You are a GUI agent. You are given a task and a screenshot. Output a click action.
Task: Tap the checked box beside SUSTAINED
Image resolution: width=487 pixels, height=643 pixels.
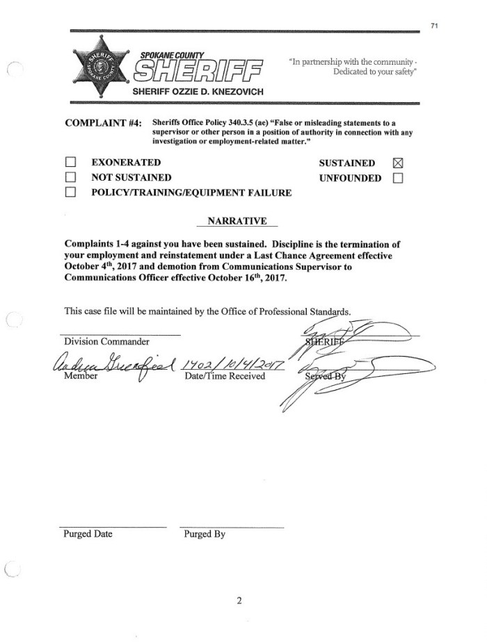click(x=398, y=163)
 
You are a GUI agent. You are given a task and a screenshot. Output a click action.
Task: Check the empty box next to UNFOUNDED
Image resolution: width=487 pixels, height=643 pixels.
click(x=398, y=178)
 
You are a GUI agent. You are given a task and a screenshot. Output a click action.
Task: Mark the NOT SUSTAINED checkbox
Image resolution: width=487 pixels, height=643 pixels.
click(x=70, y=178)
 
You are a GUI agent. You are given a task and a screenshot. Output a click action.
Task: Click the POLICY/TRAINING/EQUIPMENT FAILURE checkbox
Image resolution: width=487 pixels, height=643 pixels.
click(x=70, y=193)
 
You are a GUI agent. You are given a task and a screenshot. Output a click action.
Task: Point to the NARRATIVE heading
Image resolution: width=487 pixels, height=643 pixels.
click(x=237, y=221)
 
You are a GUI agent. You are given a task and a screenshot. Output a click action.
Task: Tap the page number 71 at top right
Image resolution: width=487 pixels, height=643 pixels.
click(x=434, y=26)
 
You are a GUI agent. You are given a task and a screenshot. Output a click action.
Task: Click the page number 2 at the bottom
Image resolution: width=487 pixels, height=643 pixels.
click(x=239, y=601)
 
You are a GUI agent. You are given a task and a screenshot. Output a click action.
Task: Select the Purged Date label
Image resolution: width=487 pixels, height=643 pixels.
click(x=88, y=535)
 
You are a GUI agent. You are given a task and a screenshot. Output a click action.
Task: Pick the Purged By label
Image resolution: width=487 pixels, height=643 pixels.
click(x=205, y=535)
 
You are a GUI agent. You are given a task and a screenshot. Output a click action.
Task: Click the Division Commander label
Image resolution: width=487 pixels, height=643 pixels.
click(x=106, y=341)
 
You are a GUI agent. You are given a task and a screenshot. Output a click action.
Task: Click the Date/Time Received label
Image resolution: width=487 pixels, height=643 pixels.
click(x=225, y=376)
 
